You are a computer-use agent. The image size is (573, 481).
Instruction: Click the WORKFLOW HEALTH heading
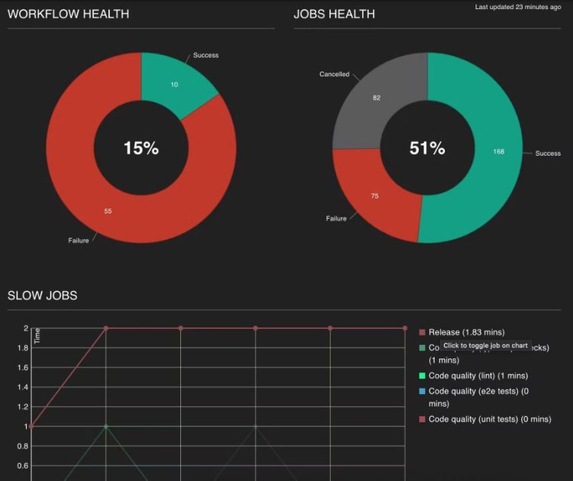point(68,14)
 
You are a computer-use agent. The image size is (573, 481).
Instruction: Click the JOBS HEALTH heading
point(334,14)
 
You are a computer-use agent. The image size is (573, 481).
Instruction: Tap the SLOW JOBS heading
point(42,295)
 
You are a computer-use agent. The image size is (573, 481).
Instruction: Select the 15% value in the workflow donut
point(141,148)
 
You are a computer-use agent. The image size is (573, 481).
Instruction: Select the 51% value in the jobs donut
point(427,148)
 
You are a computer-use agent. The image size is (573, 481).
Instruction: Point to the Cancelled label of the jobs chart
point(334,75)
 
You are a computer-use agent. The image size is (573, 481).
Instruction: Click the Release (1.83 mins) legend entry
point(466,332)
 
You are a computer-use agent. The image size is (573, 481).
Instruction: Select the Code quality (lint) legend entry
point(478,376)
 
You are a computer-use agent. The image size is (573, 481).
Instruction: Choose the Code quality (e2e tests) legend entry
point(484,392)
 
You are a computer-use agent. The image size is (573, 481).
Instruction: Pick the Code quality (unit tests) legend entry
point(489,419)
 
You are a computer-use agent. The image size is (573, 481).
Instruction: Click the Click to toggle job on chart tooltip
point(485,346)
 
